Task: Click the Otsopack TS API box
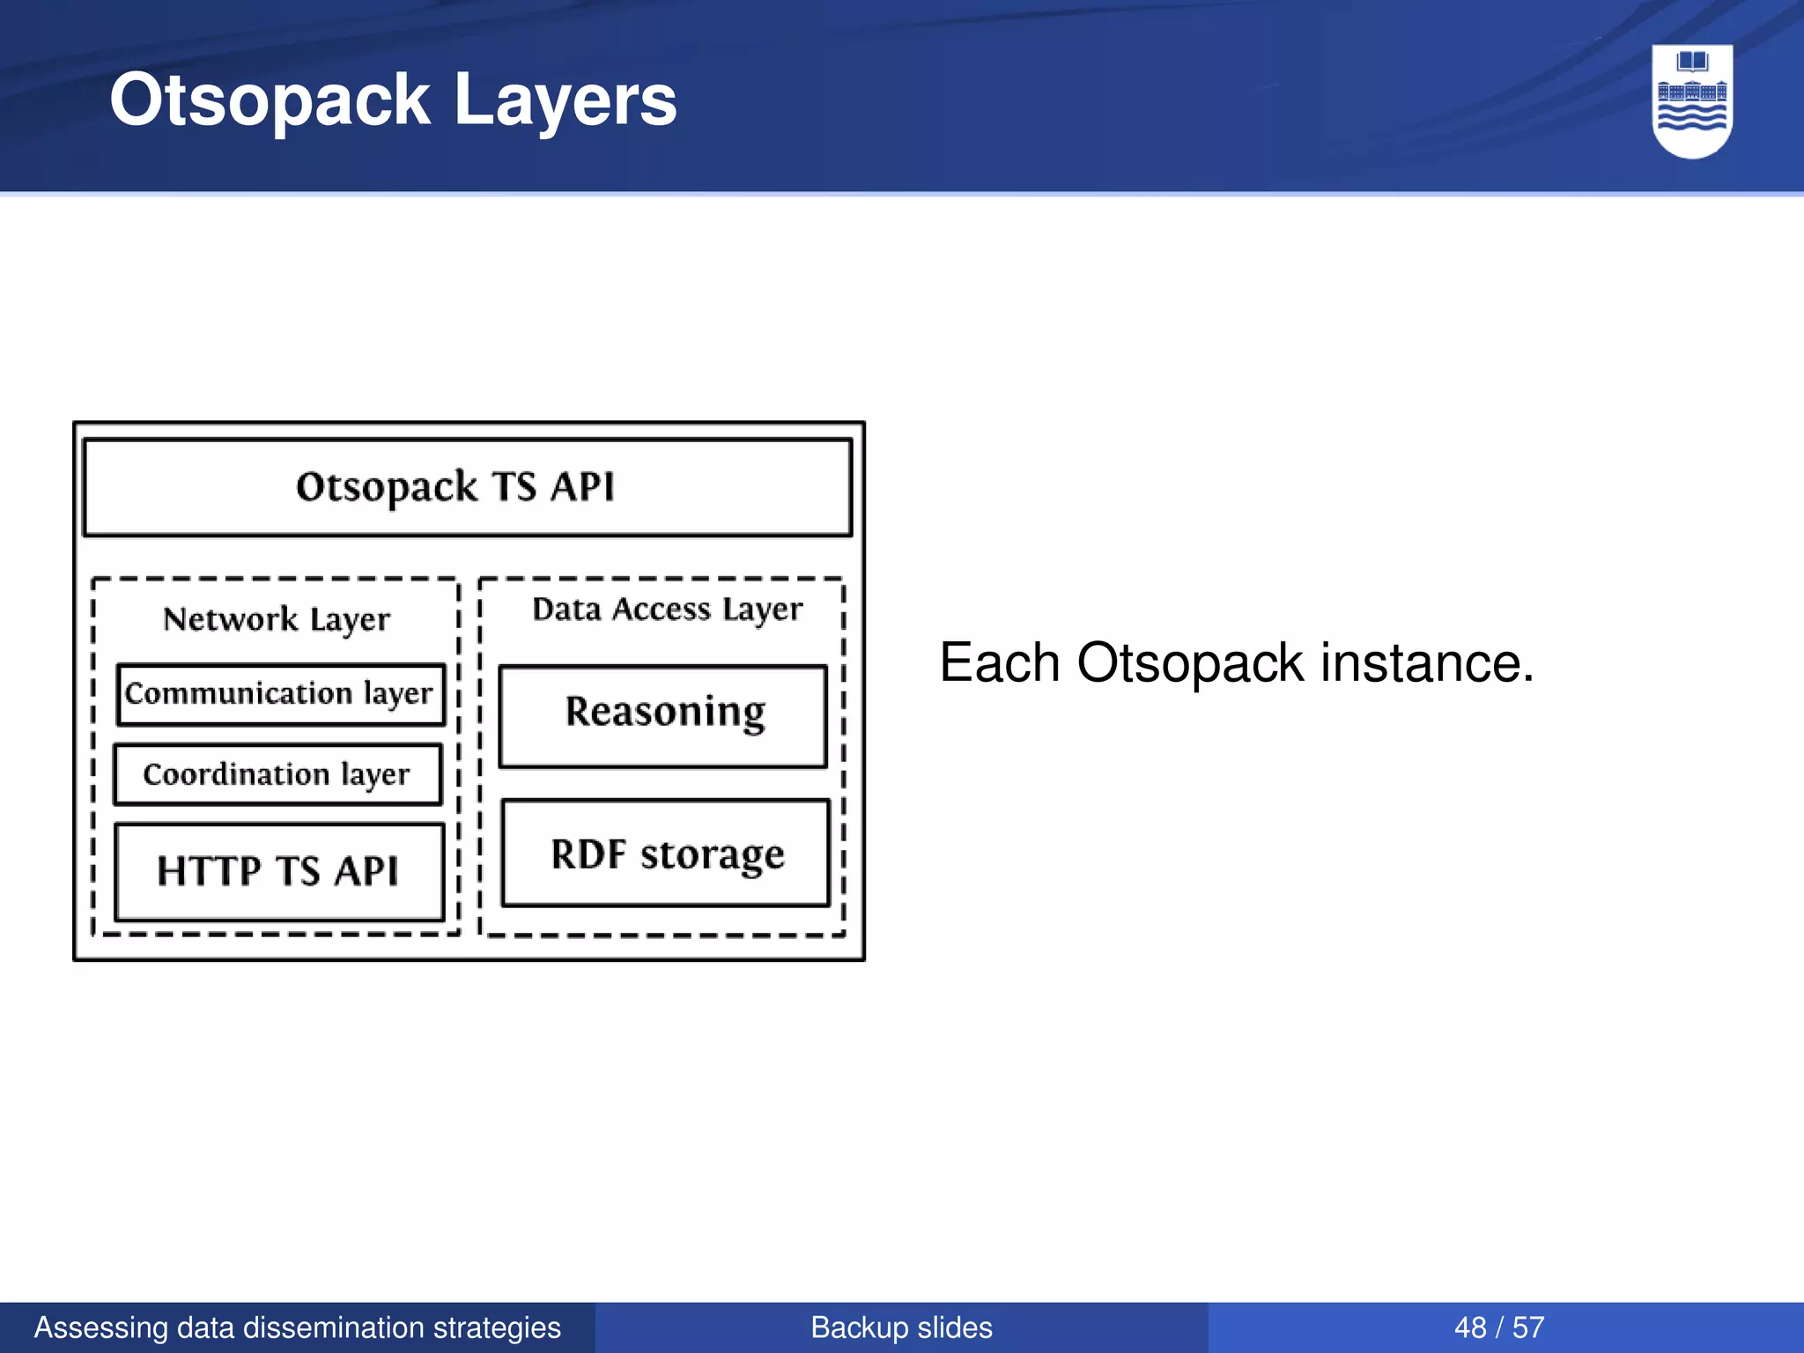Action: (x=467, y=487)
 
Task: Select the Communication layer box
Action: (x=280, y=694)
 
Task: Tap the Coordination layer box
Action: (x=277, y=774)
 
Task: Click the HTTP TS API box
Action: (x=278, y=871)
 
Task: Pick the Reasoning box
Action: (x=663, y=715)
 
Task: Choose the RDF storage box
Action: (x=666, y=853)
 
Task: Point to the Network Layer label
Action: (x=276, y=619)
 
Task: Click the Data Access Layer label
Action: (x=667, y=609)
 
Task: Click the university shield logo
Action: (x=1691, y=101)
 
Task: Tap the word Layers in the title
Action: (x=565, y=100)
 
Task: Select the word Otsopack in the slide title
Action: (x=270, y=100)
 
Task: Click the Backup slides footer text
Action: (x=901, y=1327)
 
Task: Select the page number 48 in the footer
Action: (x=1470, y=1327)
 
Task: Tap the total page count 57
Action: (x=1528, y=1327)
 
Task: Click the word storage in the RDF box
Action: (x=712, y=854)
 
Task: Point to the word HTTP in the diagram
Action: (x=209, y=871)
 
